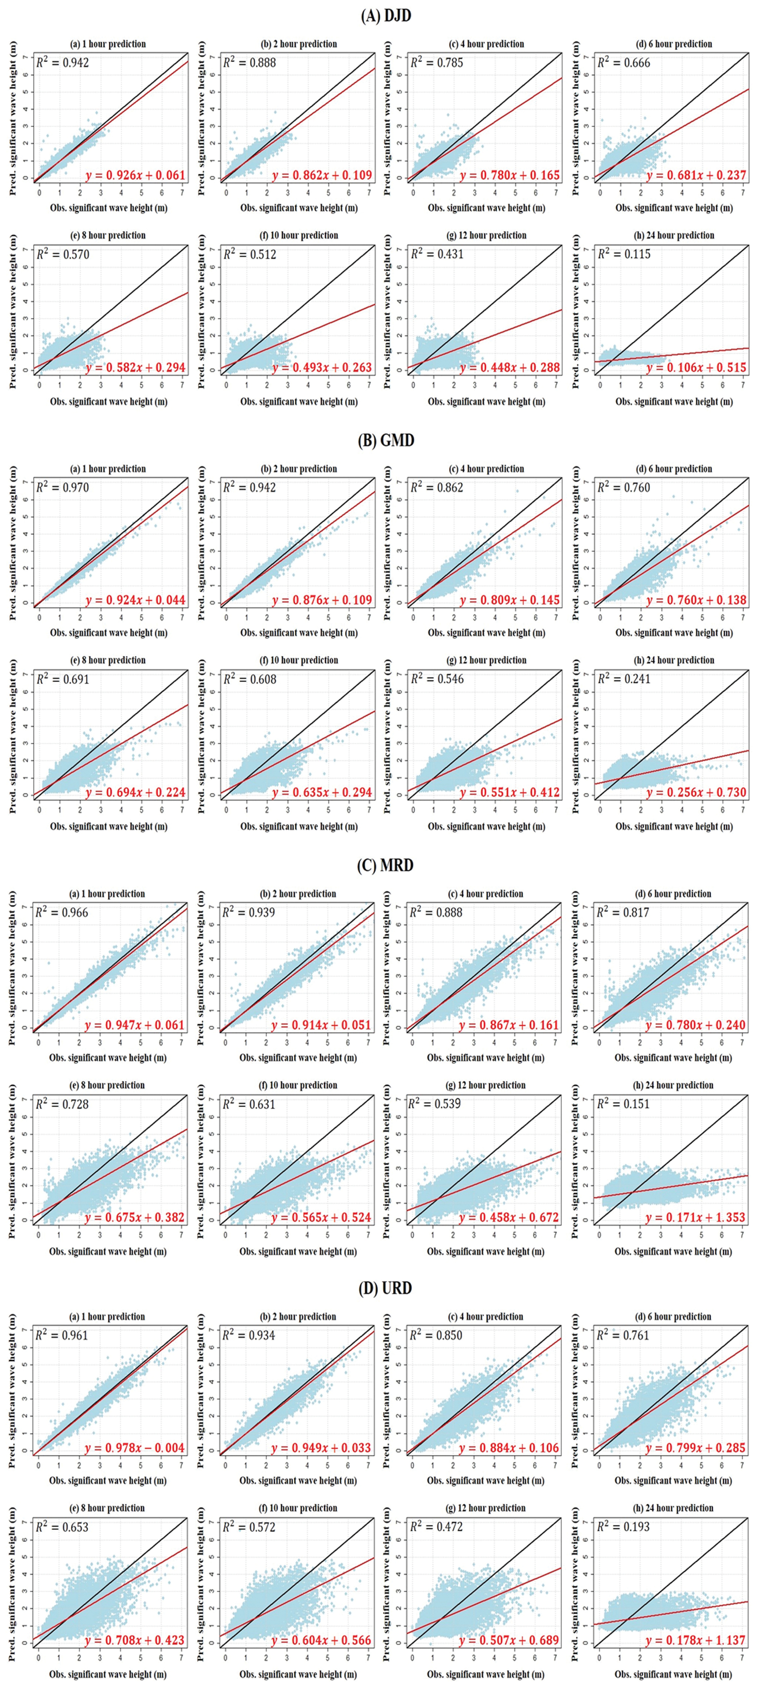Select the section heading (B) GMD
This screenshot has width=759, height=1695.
[x=386, y=440]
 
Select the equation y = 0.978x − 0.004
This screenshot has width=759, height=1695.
[x=135, y=1448]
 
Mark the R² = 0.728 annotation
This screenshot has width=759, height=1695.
[x=62, y=1103]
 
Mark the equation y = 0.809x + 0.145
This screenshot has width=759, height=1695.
[x=509, y=600]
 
